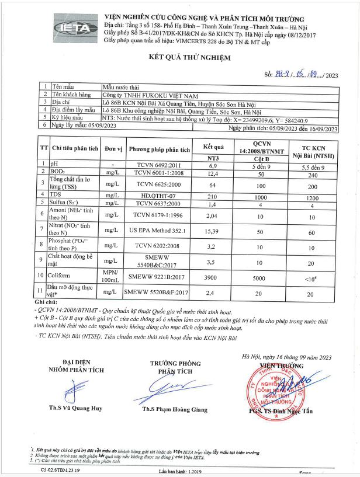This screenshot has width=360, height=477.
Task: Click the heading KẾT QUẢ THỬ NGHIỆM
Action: (x=179, y=57)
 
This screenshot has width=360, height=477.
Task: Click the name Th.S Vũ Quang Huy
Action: (x=76, y=409)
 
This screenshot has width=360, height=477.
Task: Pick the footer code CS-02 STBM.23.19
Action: (x=61, y=469)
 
